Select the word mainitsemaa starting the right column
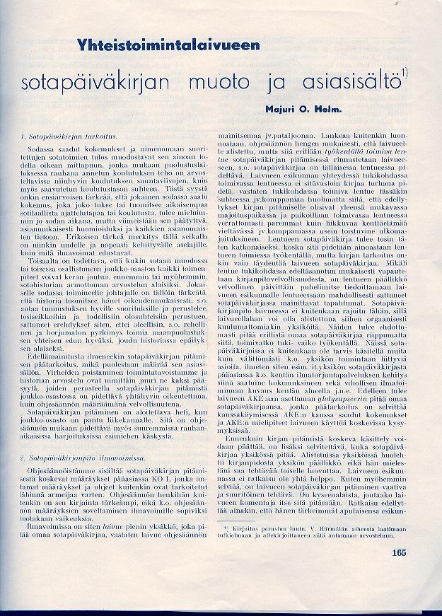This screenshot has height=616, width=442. (x=245, y=133)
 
